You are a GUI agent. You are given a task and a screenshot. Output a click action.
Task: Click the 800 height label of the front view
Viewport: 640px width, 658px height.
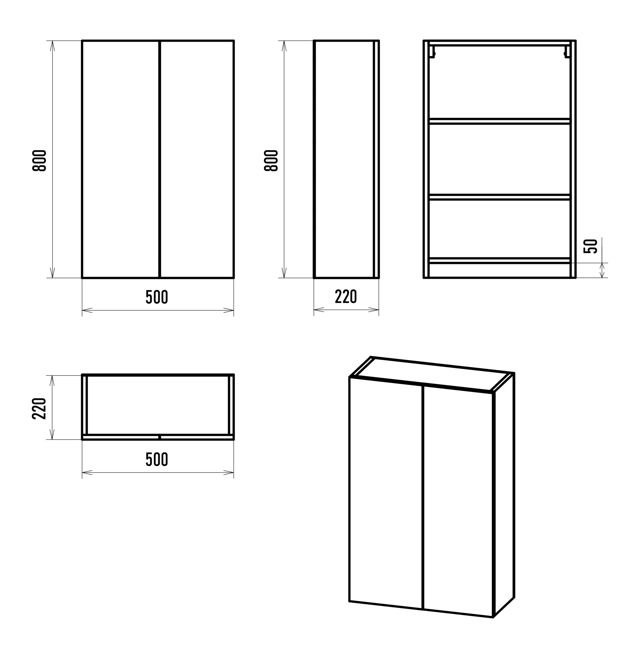click(39, 160)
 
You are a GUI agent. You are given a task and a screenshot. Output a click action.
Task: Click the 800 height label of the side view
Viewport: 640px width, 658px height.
click(271, 160)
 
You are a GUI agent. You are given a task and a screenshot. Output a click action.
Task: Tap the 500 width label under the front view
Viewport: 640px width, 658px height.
click(157, 297)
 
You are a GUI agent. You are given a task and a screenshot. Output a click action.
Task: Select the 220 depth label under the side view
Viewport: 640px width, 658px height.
click(346, 297)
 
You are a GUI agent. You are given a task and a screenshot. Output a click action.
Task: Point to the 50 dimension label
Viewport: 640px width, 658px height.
click(591, 246)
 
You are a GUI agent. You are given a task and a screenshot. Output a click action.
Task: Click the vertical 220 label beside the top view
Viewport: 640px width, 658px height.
click(39, 408)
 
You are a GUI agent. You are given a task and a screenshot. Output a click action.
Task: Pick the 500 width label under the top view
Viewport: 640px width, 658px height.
click(157, 459)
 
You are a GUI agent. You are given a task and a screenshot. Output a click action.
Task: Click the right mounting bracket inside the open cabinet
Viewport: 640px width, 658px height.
click(567, 52)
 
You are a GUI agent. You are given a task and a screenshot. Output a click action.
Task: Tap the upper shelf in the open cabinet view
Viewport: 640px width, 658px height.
click(500, 121)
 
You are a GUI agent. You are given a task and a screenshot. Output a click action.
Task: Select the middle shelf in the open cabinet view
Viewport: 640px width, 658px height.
click(500, 197)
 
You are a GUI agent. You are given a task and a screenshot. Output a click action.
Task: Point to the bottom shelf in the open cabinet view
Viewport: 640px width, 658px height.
click(500, 261)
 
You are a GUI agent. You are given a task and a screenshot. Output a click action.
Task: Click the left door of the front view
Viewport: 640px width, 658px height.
click(121, 159)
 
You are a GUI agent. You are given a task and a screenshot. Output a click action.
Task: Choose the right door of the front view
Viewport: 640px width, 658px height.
click(197, 159)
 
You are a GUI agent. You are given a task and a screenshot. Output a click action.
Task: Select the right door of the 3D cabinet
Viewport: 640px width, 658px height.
click(458, 501)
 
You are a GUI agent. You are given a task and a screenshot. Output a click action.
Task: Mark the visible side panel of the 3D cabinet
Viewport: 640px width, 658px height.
click(504, 495)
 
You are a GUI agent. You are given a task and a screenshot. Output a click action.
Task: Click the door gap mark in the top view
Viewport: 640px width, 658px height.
click(160, 437)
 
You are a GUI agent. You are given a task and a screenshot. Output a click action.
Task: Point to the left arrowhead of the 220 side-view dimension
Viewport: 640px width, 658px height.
click(319, 310)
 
